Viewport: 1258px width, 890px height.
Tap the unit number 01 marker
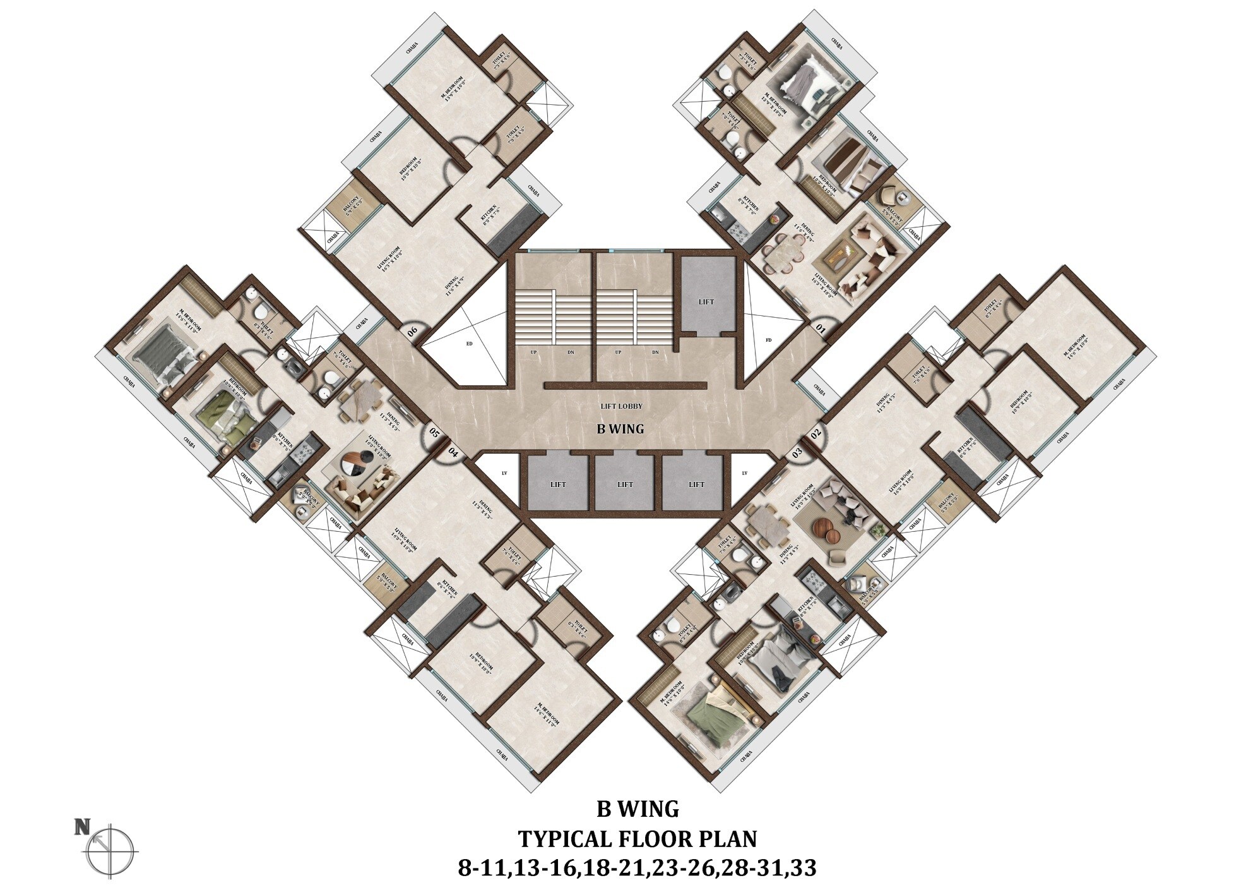(821, 328)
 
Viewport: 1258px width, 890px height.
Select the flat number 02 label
(815, 433)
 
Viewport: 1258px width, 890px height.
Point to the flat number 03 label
(797, 452)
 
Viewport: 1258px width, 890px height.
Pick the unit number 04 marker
(453, 452)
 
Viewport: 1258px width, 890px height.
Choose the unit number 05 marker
(434, 433)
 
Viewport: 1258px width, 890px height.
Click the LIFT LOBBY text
(622, 406)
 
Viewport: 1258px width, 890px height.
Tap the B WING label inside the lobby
(620, 429)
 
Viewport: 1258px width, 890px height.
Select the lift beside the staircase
(706, 301)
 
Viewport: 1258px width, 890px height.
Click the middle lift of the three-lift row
(625, 484)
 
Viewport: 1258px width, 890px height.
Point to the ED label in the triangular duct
(468, 344)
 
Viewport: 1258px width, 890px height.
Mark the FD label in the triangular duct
(768, 340)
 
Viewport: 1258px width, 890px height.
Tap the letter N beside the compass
(81, 827)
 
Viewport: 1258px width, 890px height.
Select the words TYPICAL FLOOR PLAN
(637, 839)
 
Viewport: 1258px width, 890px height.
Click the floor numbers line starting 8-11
(637, 868)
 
